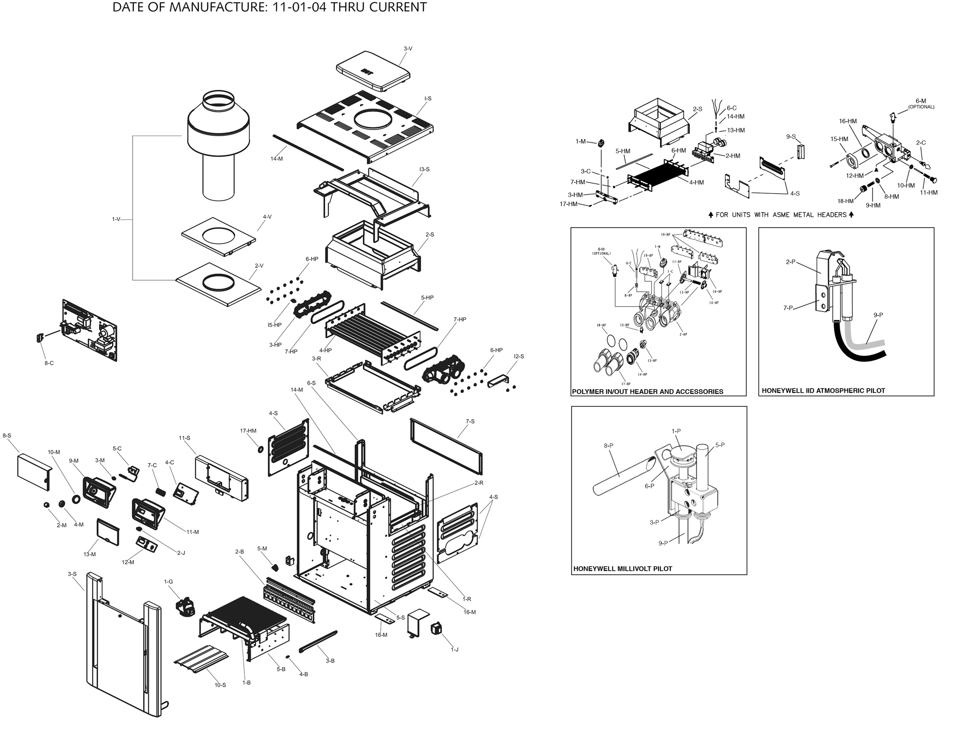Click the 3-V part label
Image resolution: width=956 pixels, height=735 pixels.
pos(408,49)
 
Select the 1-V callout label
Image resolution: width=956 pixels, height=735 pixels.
pos(116,219)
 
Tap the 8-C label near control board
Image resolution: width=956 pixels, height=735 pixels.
pos(49,363)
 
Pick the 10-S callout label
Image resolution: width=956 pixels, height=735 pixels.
pos(220,685)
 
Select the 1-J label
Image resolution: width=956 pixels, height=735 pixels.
pos(455,650)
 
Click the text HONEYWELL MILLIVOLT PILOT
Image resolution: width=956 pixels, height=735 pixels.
pos(622,569)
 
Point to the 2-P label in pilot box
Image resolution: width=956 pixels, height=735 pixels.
pos(790,262)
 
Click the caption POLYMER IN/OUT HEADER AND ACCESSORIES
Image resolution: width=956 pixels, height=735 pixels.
pos(648,391)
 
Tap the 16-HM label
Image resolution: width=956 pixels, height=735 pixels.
pos(848,121)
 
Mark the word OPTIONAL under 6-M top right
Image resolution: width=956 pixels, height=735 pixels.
pos(921,107)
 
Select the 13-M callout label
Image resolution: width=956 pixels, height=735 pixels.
pos(89,554)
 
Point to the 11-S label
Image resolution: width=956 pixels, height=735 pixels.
pos(184,438)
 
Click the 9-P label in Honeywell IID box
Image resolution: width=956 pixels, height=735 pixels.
pos(878,315)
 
